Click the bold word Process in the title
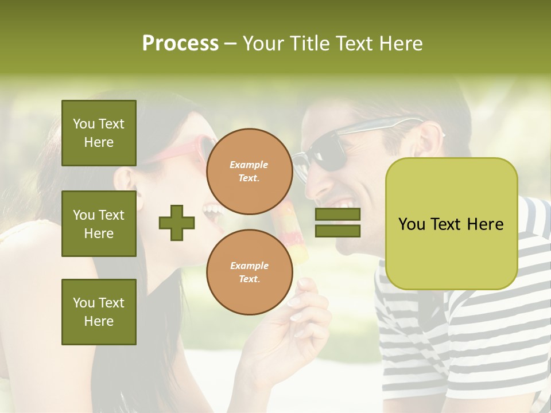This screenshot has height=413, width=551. pos(180,44)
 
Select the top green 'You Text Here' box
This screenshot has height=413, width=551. pos(99,133)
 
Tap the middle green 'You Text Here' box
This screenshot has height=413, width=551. pos(99,224)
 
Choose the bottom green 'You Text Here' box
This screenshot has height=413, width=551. pos(99,311)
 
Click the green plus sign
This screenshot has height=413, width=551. pos(176,223)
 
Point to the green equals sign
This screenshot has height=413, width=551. pos(337,223)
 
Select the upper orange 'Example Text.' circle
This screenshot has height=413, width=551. pos(249,171)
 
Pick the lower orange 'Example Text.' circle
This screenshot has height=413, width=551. pos(249,272)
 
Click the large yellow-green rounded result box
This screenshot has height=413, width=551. pos(451,224)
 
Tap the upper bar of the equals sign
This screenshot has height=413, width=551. pos(337,215)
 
